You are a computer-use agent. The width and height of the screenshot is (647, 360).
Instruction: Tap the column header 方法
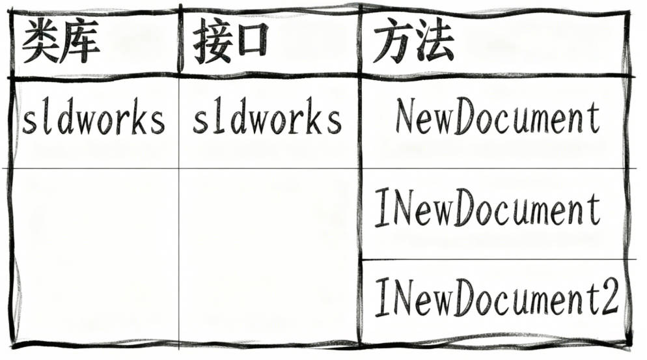pyautogui.click(x=413, y=44)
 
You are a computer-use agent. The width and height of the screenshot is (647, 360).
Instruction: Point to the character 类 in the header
pyautogui.click(x=40, y=44)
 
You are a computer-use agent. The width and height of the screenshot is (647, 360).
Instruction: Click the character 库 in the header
pyautogui.click(x=81, y=44)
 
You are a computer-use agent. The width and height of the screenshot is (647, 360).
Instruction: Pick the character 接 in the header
pyautogui.click(x=211, y=44)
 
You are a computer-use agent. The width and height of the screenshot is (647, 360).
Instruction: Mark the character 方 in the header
pyautogui.click(x=392, y=44)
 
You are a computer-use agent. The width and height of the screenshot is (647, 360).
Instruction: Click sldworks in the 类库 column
pyautogui.click(x=93, y=120)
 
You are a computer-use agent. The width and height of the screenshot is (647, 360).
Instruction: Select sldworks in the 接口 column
pyautogui.click(x=267, y=120)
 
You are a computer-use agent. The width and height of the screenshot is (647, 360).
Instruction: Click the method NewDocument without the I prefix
pyautogui.click(x=497, y=118)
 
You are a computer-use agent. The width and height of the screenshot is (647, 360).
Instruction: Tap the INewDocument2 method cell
pyautogui.click(x=496, y=298)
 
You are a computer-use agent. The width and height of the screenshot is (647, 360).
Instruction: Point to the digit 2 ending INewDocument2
pyautogui.click(x=609, y=298)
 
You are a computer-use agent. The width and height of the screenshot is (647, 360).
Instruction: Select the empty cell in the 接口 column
pyautogui.click(x=268, y=254)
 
